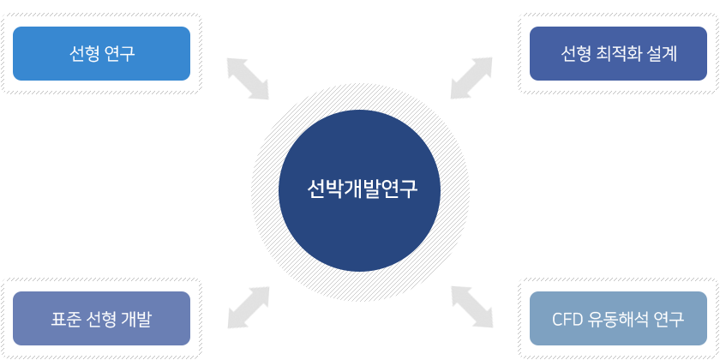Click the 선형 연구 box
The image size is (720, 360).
101,53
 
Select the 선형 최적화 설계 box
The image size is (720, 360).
618,53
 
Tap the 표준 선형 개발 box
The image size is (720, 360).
101,318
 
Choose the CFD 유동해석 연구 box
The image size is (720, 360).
618,318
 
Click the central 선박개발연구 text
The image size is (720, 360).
362,189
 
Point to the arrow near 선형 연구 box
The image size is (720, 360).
248,79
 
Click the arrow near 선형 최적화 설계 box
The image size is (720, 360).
471,78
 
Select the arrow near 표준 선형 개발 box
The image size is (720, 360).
249,308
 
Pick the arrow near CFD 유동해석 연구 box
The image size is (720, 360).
472,307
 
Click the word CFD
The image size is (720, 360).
567,320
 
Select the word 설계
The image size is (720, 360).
662,54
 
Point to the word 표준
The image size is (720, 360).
66,320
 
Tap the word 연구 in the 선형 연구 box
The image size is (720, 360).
120,54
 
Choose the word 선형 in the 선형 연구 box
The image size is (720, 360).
84,54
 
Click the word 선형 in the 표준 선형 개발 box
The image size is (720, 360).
101,320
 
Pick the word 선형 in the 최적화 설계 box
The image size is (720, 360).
575,54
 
